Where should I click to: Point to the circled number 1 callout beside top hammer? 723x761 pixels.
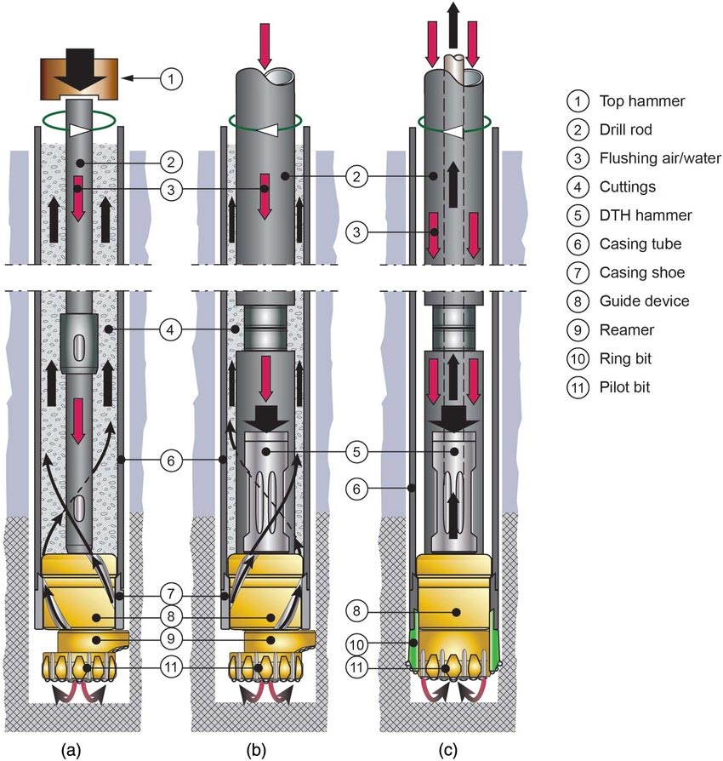[x=171, y=79]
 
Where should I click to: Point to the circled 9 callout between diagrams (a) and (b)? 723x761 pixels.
[x=171, y=639]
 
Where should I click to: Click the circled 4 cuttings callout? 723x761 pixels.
[x=171, y=328]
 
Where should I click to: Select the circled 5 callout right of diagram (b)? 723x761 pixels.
[x=358, y=450]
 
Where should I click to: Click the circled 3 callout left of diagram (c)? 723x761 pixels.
[x=358, y=231]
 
